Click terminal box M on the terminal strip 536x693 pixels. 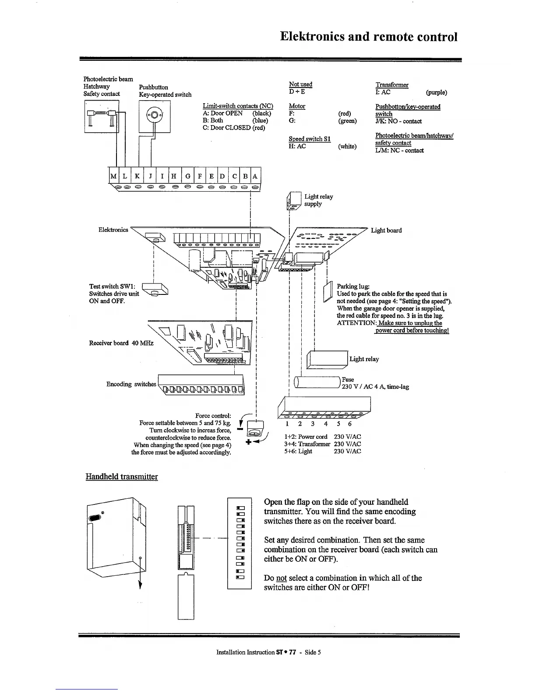pos(113,176)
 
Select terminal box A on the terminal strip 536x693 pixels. pos(255,176)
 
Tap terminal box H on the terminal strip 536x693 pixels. pos(174,176)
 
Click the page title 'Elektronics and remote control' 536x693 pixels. pos(369,36)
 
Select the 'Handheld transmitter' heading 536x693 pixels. pos(122,476)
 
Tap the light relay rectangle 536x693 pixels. pos(328,359)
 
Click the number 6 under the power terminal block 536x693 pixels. pos(350,424)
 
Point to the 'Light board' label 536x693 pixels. pos(386,230)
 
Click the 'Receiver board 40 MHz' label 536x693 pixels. pos(121,343)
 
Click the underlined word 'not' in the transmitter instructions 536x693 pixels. pos(281,578)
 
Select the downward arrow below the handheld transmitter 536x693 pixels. pos(140,582)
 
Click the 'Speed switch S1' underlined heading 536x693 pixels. pos(310,139)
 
